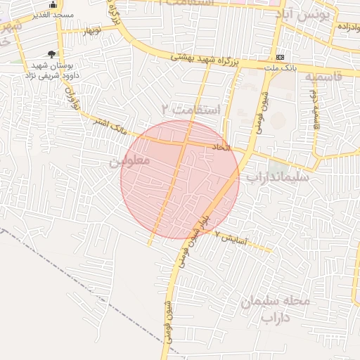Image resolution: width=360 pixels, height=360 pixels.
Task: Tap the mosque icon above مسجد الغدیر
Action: pyautogui.click(x=53, y=4)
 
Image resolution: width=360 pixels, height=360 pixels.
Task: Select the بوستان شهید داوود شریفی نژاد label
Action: pyautogui.click(x=56, y=68)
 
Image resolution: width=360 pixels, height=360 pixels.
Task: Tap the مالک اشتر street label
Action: pyautogui.click(x=112, y=127)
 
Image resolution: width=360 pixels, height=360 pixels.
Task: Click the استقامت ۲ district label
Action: pyautogui.click(x=190, y=110)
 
